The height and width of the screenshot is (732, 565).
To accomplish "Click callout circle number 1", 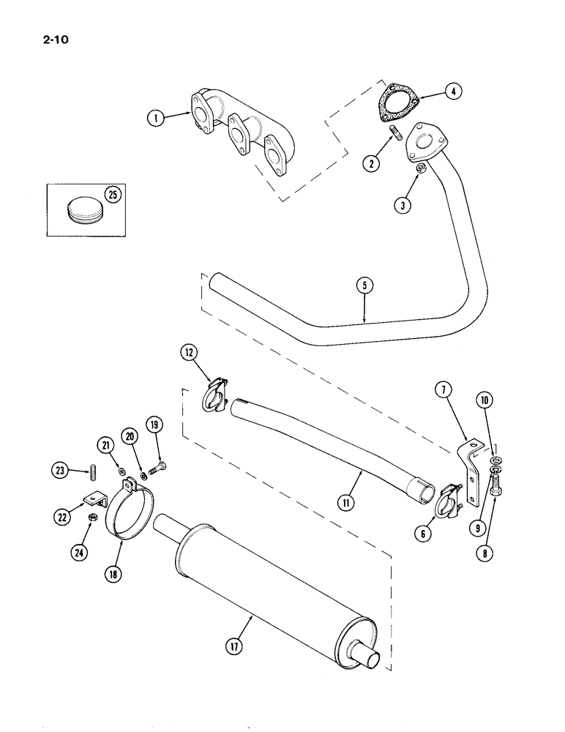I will pos(155,116).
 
